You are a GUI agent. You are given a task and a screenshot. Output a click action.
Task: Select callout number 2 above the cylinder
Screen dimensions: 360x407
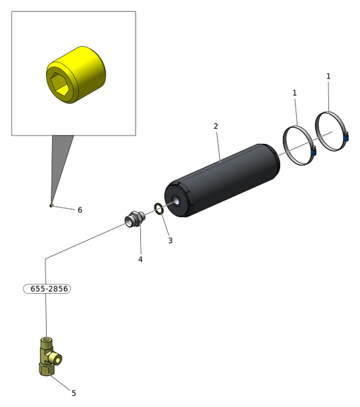tap(216, 126)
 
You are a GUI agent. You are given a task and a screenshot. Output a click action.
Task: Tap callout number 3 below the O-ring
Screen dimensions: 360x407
tap(170, 240)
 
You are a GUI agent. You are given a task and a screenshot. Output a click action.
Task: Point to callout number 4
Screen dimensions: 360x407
tap(140, 259)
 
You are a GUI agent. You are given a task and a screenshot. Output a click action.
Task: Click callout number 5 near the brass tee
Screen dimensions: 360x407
tap(74, 393)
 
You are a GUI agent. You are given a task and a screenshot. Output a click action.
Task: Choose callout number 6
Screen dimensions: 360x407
tap(80, 210)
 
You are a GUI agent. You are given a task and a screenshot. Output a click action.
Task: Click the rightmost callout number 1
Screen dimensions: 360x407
tap(328, 76)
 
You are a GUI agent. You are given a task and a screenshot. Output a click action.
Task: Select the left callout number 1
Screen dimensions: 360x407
tap(294, 93)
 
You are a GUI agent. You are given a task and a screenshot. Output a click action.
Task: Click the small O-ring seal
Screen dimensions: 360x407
tap(159, 209)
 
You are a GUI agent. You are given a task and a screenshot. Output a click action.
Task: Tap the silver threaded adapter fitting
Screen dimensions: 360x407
tap(135, 219)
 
